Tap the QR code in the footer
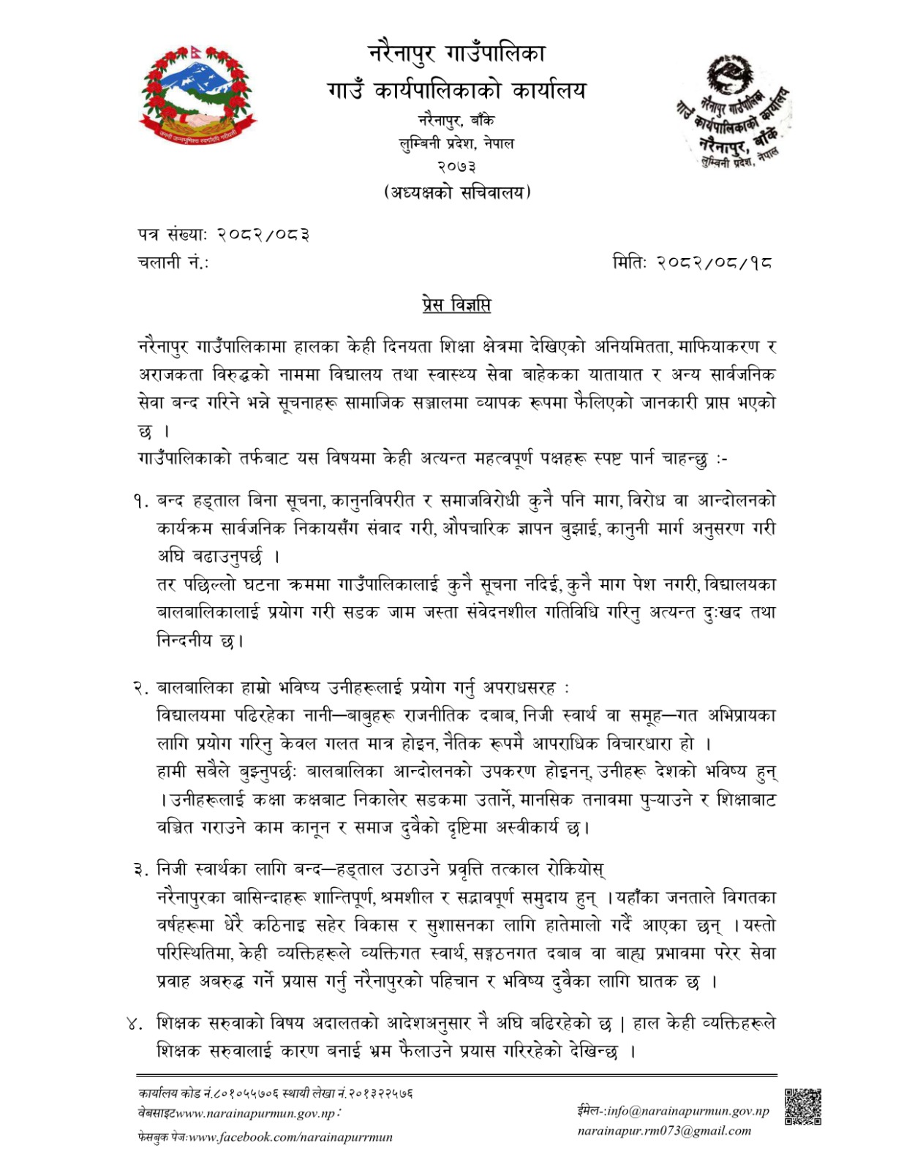(802, 1106)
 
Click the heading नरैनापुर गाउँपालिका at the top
(456, 53)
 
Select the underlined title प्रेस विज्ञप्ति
(456, 304)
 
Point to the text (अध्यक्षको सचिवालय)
(456, 192)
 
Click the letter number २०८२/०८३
(265, 235)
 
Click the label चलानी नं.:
(173, 262)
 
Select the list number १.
(141, 502)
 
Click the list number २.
(141, 688)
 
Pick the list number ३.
(141, 869)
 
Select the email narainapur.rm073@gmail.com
(664, 1131)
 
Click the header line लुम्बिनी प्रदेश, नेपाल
(456, 143)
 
